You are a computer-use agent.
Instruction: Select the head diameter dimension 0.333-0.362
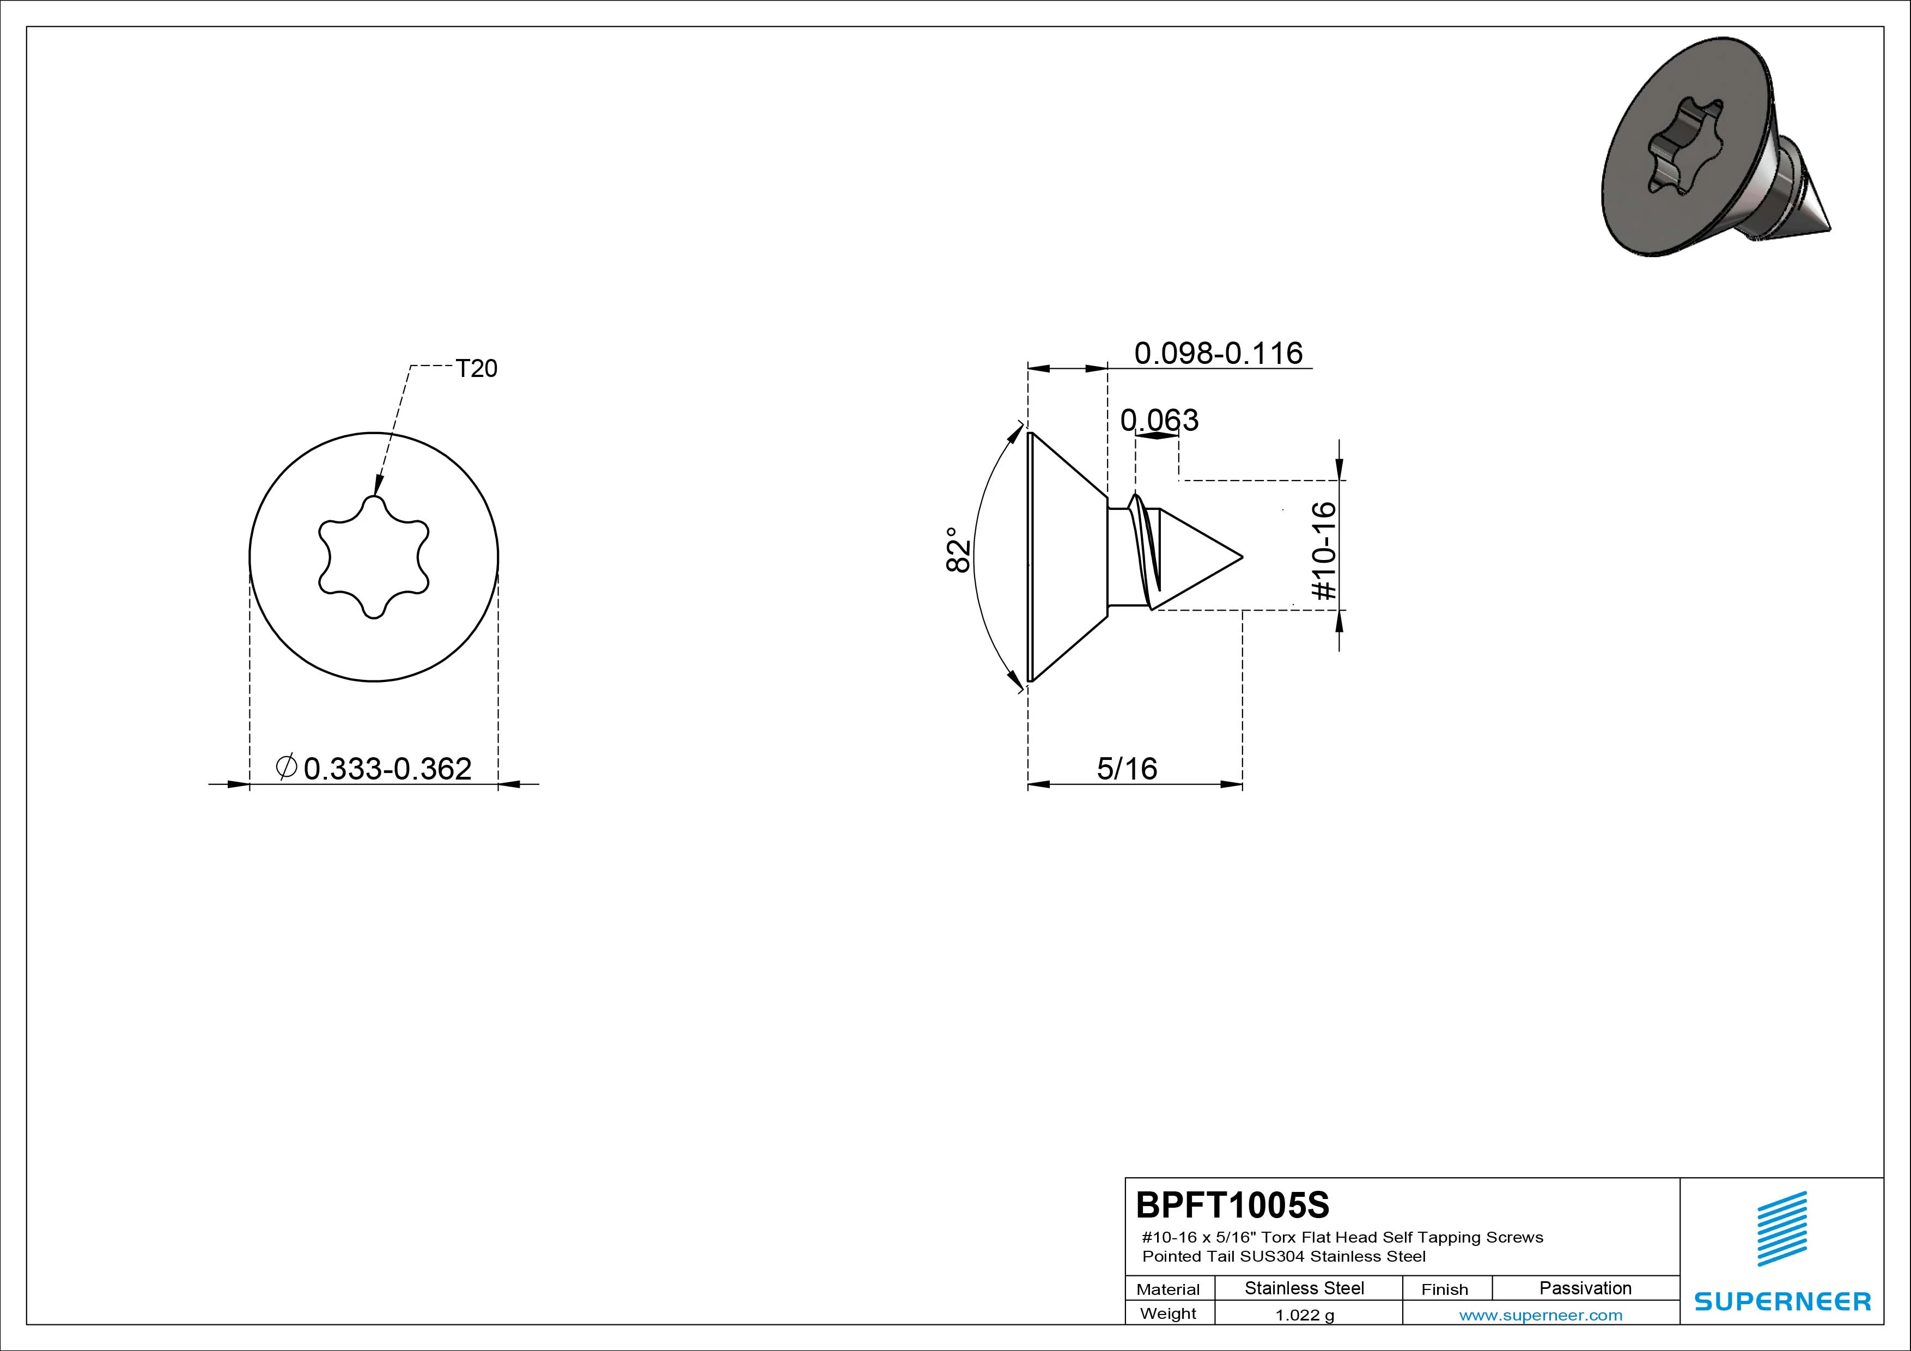click(x=387, y=768)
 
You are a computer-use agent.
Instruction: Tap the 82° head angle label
click(x=958, y=550)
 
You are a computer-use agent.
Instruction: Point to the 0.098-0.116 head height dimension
click(x=1219, y=353)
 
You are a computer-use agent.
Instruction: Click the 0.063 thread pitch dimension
click(x=1159, y=419)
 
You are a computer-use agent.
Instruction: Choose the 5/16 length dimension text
click(x=1127, y=768)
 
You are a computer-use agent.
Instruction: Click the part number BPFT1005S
click(x=1233, y=1204)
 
